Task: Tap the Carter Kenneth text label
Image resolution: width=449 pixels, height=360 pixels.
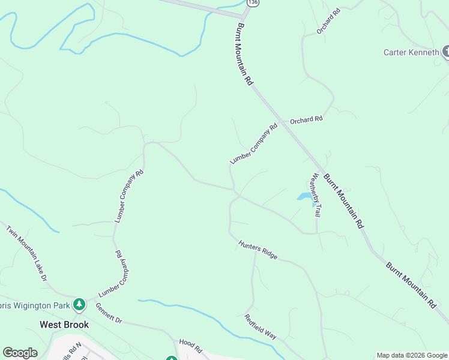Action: coord(411,52)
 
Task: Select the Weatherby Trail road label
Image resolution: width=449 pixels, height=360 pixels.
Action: coord(316,195)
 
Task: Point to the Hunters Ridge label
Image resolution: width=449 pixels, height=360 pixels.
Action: coord(258,250)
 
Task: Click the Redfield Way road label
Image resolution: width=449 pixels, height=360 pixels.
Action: coord(260,326)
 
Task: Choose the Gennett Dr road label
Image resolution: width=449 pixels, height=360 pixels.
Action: coord(109,313)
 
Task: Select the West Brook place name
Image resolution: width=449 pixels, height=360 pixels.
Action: coord(64,325)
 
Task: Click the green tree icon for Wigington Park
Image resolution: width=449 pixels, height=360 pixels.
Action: coord(79,305)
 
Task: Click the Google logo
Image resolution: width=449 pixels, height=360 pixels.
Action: coord(20,353)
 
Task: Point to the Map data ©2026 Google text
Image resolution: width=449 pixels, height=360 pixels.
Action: coord(412,355)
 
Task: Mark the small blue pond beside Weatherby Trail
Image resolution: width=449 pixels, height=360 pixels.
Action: coord(304,197)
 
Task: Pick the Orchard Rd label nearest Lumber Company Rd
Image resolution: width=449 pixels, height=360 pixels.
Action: coord(306,119)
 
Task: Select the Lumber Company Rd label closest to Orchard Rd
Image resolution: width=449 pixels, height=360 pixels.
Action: coord(255,144)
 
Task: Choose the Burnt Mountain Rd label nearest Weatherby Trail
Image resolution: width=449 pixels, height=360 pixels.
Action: coord(344,201)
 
